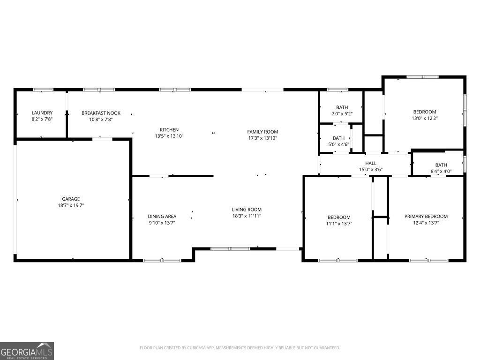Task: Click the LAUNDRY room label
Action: click(42, 113)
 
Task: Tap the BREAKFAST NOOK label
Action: click(101, 113)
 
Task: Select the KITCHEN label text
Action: click(169, 130)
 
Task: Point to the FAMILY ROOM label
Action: click(262, 132)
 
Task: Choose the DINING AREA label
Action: click(162, 216)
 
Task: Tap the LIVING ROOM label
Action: click(247, 210)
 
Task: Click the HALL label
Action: click(371, 163)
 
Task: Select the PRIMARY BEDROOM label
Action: click(426, 217)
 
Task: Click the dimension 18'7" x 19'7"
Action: click(71, 205)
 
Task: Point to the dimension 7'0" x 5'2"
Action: click(342, 114)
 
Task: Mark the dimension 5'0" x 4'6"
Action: click(338, 144)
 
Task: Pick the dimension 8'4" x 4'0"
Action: click(441, 171)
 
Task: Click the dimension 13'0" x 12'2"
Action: click(424, 118)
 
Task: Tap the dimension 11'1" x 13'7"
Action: click(338, 224)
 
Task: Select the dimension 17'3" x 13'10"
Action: click(262, 138)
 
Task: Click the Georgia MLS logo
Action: click(27, 351)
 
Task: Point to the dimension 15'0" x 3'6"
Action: click(371, 169)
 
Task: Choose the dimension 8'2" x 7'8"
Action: click(42, 120)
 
